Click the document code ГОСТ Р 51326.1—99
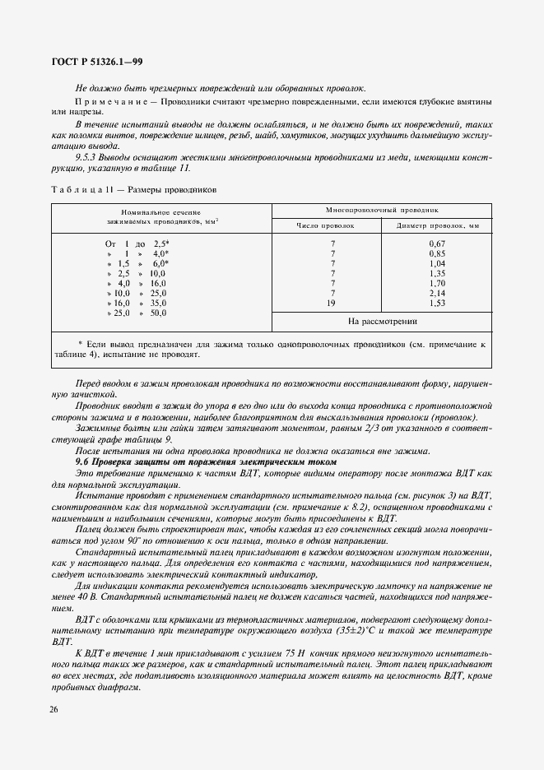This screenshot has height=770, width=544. pyautogui.click(x=98, y=62)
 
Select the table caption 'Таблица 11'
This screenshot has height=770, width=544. pyautogui.click(x=81, y=189)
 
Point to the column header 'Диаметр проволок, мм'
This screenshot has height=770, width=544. pyautogui.click(x=437, y=224)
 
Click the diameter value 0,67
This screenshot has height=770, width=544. pyautogui.click(x=437, y=244)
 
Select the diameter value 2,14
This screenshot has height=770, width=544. pyautogui.click(x=437, y=293)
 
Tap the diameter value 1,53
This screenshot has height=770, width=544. pyautogui.click(x=437, y=303)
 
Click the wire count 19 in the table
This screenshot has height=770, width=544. pyautogui.click(x=332, y=303)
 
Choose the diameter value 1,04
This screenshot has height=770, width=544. pyautogui.click(x=437, y=264)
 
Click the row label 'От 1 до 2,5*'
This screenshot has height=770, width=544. pyautogui.click(x=136, y=244)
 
